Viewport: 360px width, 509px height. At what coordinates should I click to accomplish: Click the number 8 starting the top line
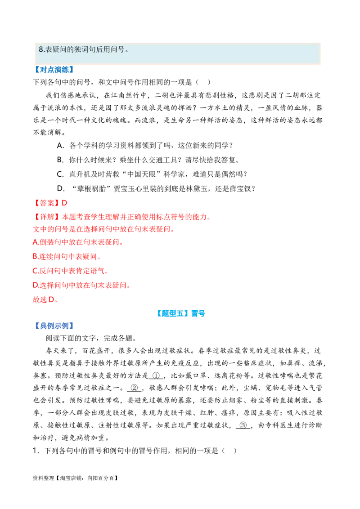click(x=41, y=50)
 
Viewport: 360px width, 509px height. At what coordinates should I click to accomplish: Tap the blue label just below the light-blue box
click(x=54, y=70)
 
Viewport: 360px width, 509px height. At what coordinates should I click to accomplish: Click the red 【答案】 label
click(x=45, y=203)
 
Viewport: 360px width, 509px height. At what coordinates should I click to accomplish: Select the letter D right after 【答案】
click(x=64, y=203)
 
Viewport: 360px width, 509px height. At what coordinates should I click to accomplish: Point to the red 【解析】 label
click(x=45, y=218)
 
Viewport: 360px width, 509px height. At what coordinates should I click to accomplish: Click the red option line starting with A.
click(x=77, y=243)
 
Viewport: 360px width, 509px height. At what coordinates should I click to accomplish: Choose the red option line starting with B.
click(x=66, y=258)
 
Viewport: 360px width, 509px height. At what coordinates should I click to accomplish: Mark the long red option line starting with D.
click(x=81, y=285)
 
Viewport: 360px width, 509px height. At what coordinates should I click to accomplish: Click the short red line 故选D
click(x=45, y=300)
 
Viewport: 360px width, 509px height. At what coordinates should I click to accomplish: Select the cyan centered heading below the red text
click(x=180, y=314)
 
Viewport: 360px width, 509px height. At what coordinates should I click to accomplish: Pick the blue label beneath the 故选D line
click(x=54, y=326)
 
